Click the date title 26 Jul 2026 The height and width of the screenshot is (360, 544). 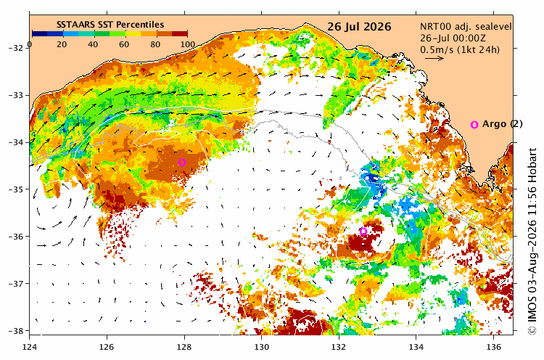[x=359, y=27]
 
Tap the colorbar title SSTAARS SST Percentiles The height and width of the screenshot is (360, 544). [x=110, y=25]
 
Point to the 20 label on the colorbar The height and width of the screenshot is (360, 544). [x=62, y=44]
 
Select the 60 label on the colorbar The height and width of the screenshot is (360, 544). [x=124, y=44]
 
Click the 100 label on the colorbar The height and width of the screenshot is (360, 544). [x=188, y=44]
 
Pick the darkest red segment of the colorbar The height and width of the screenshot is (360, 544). [x=180, y=33]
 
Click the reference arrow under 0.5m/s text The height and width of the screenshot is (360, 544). [x=434, y=58]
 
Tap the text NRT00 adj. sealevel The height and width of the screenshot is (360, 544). [x=466, y=27]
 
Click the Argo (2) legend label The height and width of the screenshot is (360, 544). [x=503, y=124]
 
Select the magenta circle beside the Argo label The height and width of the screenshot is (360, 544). [x=474, y=125]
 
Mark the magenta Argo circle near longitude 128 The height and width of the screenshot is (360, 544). [x=182, y=162]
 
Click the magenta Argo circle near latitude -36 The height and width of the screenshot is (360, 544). [x=363, y=232]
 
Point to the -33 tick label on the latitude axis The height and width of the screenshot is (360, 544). [x=16, y=95]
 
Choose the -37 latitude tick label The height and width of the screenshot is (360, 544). [x=16, y=284]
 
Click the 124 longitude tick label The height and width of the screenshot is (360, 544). [x=30, y=347]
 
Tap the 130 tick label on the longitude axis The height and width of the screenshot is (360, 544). [x=262, y=347]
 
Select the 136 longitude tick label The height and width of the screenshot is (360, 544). [x=493, y=347]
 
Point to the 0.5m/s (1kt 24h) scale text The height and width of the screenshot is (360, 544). [x=460, y=49]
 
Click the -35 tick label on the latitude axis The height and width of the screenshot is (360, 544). [x=16, y=189]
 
